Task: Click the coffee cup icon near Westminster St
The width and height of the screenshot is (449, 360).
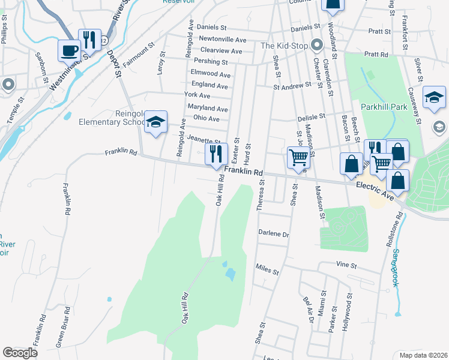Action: click(x=68, y=50)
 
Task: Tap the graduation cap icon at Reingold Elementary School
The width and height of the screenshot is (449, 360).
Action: click(x=156, y=122)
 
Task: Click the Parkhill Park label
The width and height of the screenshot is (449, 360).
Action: click(x=384, y=106)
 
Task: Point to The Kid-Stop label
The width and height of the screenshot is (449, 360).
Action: click(x=285, y=46)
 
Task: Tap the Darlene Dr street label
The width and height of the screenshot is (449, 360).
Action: click(x=274, y=233)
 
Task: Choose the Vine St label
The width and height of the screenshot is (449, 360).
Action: click(x=346, y=264)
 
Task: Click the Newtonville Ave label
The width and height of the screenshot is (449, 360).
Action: click(x=223, y=40)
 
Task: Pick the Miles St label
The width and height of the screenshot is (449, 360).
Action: click(x=267, y=269)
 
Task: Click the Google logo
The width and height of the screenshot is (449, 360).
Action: click(x=20, y=353)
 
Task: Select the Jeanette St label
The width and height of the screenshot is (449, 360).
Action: click(x=204, y=139)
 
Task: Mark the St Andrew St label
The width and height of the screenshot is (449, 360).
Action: click(x=292, y=86)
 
